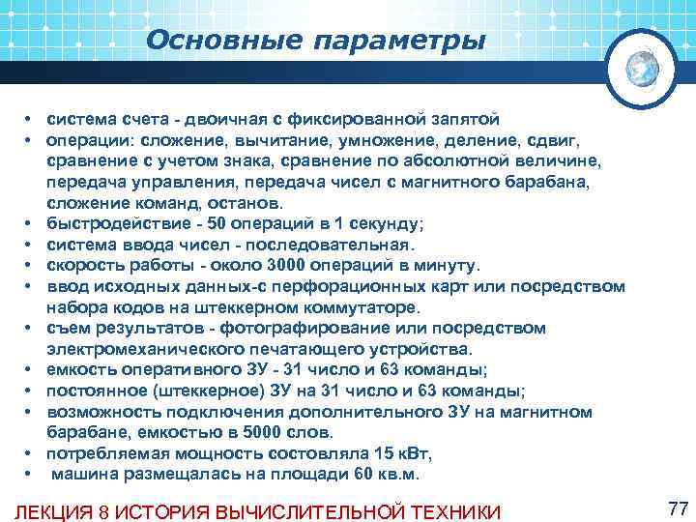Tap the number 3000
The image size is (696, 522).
(x=276, y=266)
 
